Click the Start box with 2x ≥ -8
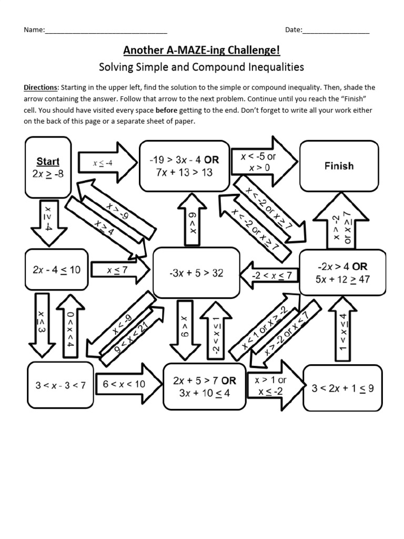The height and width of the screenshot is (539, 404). [x=48, y=167]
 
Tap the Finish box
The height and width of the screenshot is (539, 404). [x=339, y=166]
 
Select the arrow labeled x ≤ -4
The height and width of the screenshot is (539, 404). [x=104, y=163]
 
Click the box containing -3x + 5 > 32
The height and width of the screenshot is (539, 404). [x=196, y=273]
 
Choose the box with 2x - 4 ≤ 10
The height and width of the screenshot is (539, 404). [x=56, y=270]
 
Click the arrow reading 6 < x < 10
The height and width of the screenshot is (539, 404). [x=126, y=384]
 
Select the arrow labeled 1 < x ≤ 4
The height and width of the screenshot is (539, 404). [x=342, y=328]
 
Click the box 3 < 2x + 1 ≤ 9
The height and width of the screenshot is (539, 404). [x=342, y=388]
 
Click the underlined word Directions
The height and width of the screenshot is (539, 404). [x=42, y=87]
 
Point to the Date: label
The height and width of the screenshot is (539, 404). [x=294, y=30]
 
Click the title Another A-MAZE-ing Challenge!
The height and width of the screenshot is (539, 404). [x=201, y=51]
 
